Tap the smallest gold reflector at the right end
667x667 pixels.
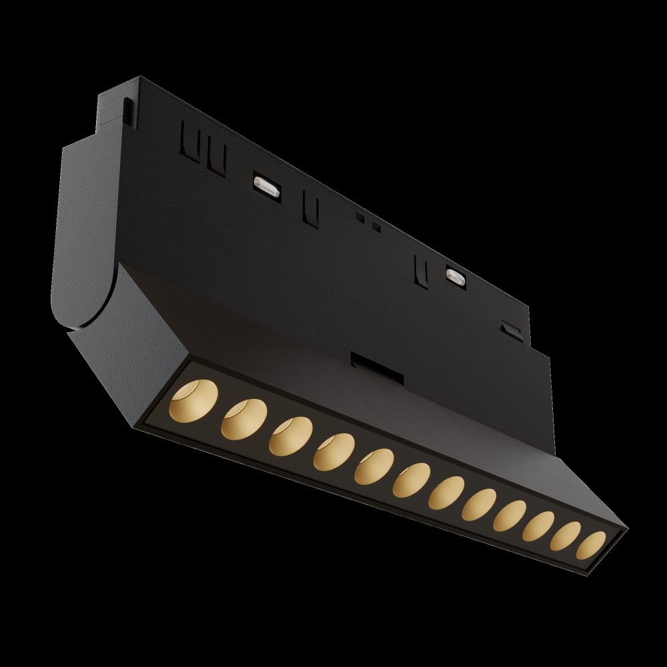[x=591, y=544]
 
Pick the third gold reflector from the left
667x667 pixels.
[x=289, y=437]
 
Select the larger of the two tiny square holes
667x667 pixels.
[x=376, y=227]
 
